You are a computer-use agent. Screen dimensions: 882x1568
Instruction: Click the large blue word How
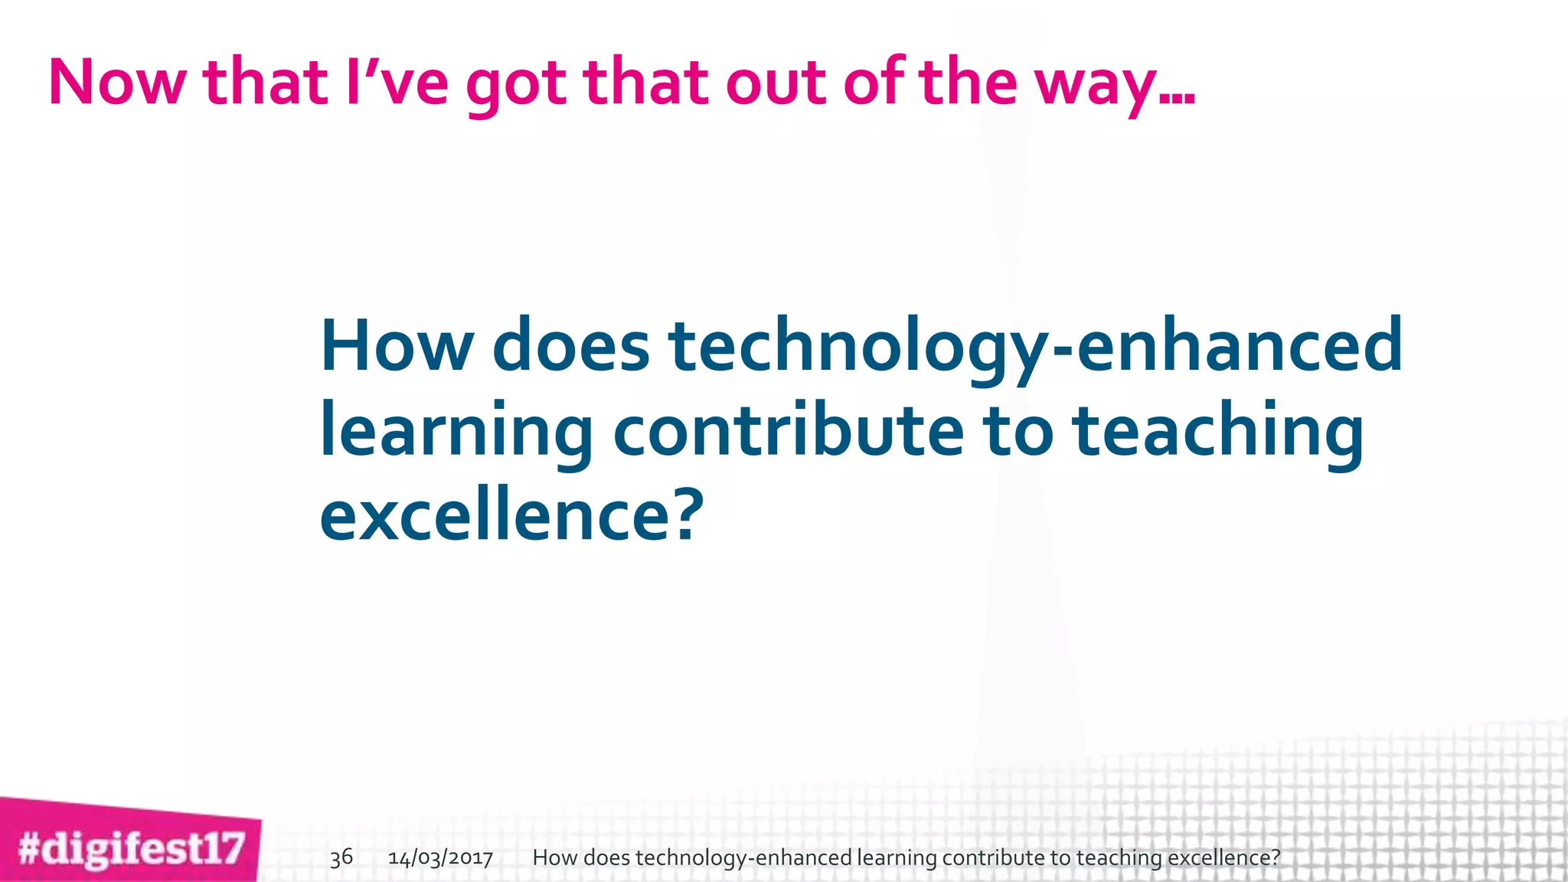coord(397,346)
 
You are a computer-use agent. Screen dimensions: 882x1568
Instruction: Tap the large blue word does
coord(571,346)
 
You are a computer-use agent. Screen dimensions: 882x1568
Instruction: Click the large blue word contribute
coord(788,430)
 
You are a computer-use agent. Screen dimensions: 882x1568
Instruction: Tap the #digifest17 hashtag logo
coord(131,849)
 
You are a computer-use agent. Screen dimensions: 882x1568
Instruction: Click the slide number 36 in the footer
coord(341,857)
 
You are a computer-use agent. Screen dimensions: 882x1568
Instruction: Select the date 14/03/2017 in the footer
coord(440,857)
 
